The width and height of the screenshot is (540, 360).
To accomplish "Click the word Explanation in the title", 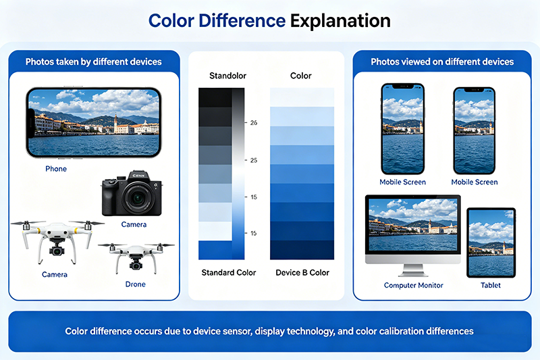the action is pyautogui.click(x=340, y=21).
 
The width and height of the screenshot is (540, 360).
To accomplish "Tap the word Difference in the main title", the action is pyautogui.click(x=242, y=20).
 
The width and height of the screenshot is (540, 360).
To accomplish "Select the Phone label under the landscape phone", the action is pyautogui.click(x=56, y=169).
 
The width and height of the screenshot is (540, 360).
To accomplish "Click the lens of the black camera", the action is pyautogui.click(x=138, y=197).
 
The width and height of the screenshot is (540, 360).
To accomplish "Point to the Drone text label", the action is pyautogui.click(x=136, y=284).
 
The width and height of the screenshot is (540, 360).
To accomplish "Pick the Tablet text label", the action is pyautogui.click(x=491, y=285).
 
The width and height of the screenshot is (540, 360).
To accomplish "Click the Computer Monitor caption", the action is pyautogui.click(x=413, y=285).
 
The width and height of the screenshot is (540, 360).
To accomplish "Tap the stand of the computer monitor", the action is pyautogui.click(x=413, y=270).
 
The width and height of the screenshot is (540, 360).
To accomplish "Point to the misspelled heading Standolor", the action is pyautogui.click(x=227, y=76).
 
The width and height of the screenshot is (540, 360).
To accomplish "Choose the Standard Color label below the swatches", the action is pyautogui.click(x=229, y=272).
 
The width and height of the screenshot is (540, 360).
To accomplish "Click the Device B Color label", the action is pyautogui.click(x=302, y=272).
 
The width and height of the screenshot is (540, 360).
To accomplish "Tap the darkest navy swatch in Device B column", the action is pyautogui.click(x=302, y=250).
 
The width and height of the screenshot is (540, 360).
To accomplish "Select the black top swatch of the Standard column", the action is pyautogui.click(x=215, y=97).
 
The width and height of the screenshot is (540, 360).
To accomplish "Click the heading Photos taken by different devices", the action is pyautogui.click(x=94, y=61).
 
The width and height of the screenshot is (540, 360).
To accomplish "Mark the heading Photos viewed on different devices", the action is pyautogui.click(x=442, y=61).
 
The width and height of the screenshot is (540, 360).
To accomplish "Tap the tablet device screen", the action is pyautogui.click(x=491, y=242).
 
